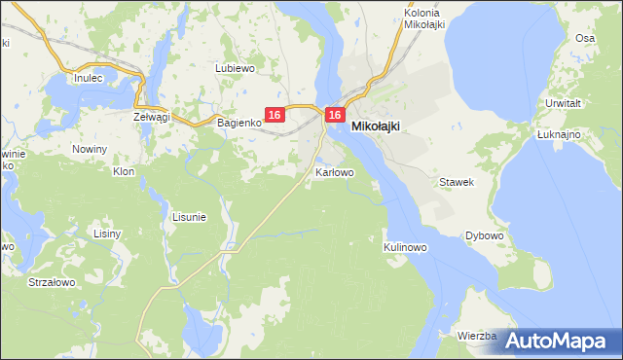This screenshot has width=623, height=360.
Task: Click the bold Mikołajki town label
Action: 375,126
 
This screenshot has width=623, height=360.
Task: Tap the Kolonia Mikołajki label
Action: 424,18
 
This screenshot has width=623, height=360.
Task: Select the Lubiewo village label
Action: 235,68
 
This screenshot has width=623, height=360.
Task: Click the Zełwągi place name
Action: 151,116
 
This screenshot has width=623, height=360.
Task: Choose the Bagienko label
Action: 238,123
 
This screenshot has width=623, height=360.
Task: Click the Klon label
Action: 123,171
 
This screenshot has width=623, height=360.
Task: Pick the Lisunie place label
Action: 189,217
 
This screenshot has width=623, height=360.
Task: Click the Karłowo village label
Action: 335,172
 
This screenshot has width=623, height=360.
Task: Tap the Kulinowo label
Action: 405,247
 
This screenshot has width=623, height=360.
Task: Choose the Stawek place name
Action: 456,182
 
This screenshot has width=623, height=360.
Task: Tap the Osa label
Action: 584,38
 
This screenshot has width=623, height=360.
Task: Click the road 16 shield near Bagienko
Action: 274,115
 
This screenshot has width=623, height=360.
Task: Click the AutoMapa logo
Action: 558,341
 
